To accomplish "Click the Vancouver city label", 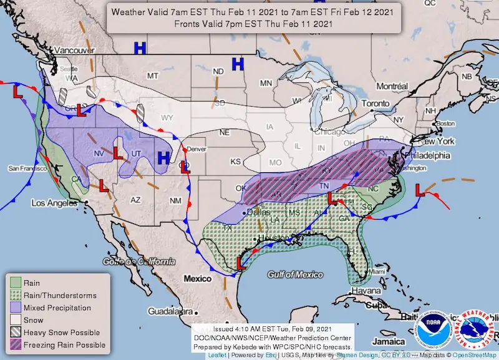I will [x=74, y=49].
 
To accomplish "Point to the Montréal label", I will [x=391, y=85].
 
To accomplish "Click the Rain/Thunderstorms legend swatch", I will [x=15, y=295].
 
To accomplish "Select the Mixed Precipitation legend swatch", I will [x=15, y=308].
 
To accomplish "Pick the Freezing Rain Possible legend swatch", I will [x=15, y=344].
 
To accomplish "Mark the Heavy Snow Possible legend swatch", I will [x=15, y=332].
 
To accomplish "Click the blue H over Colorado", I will [x=163, y=158].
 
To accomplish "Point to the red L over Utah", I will [x=118, y=151].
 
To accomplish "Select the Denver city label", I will [x=196, y=149].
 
